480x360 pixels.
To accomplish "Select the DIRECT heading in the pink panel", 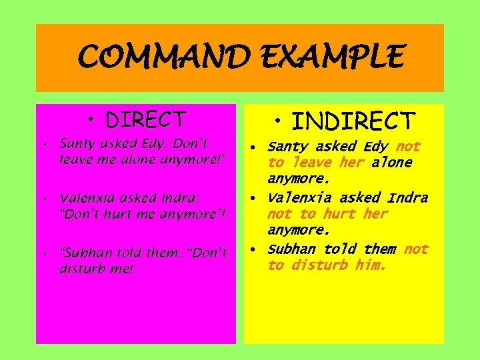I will (x=145, y=119).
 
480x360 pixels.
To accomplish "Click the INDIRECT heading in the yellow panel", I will (x=353, y=121).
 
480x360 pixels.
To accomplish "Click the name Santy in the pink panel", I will (x=78, y=143).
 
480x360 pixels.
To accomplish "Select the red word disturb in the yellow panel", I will (x=317, y=265).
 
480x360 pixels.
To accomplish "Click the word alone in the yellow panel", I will (x=391, y=163).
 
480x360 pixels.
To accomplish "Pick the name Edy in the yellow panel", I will (x=376, y=147).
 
